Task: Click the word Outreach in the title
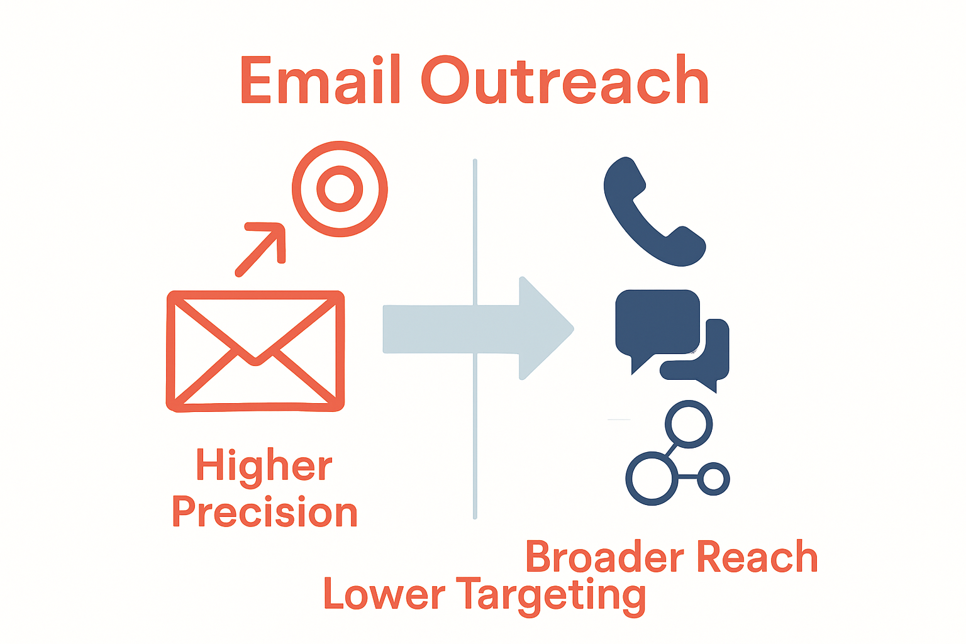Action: [x=565, y=80]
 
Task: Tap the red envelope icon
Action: [x=255, y=351]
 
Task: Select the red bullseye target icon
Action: [x=340, y=189]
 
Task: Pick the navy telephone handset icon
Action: [x=652, y=214]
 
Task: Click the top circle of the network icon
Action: [x=689, y=423]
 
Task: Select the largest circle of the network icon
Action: [x=652, y=479]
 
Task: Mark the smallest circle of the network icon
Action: [x=713, y=479]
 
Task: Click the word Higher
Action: [x=264, y=466]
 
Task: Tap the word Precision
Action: [x=265, y=513]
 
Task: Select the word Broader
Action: [x=605, y=557]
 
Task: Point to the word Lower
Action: [x=384, y=594]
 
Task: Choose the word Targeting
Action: [x=551, y=596]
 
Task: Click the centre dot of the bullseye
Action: [x=340, y=189]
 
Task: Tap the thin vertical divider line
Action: [x=475, y=440]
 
